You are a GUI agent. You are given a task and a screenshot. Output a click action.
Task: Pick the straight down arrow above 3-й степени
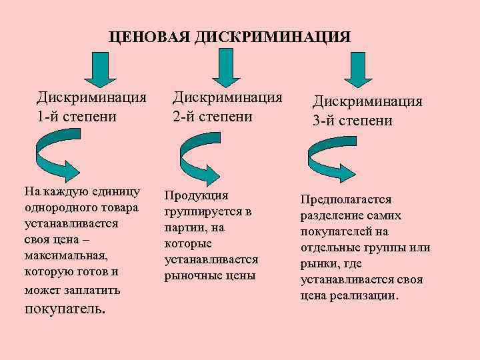click(358, 69)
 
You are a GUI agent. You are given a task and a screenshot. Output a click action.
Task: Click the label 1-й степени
click(77, 116)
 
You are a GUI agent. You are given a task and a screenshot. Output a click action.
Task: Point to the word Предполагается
click(346, 199)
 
